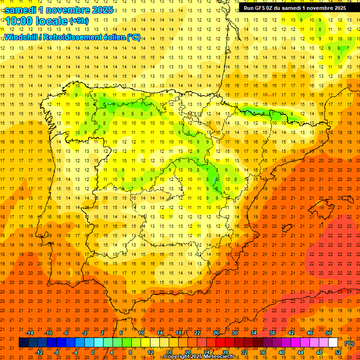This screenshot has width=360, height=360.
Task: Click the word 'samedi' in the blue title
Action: (22, 9)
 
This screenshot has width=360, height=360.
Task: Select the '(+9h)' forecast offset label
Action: (78, 21)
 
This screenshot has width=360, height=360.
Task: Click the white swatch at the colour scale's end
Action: (333, 342)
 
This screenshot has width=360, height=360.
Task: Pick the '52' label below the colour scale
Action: (338, 352)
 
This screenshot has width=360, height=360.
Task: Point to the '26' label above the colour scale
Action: (216, 333)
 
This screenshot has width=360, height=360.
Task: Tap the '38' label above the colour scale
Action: (272, 333)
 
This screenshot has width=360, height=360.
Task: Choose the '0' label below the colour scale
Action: (93, 352)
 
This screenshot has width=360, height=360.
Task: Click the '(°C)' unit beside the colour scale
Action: (349, 343)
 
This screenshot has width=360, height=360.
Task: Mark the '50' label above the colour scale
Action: (329, 333)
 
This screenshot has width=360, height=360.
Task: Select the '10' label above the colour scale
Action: (141, 333)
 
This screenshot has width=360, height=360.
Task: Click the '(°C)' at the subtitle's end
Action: (134, 37)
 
